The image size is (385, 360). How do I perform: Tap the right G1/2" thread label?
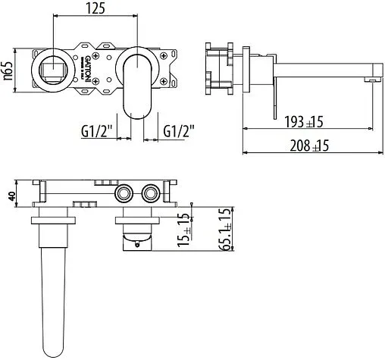179,132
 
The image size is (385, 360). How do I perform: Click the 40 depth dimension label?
10,195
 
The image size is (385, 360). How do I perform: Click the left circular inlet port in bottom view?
122,195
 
